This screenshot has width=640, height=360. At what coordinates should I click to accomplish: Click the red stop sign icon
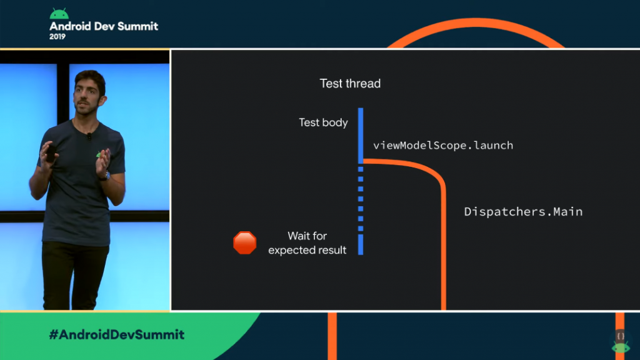pyautogui.click(x=245, y=243)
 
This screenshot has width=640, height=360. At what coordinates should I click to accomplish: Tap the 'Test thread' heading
pyautogui.click(x=350, y=84)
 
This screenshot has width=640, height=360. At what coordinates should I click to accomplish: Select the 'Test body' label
pyautogui.click(x=323, y=122)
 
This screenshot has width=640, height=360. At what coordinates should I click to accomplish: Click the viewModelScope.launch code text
pyautogui.click(x=443, y=145)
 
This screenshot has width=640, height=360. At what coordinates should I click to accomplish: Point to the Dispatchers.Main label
pyautogui.click(x=523, y=211)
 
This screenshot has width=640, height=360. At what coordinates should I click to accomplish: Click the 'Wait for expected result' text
pyautogui.click(x=307, y=243)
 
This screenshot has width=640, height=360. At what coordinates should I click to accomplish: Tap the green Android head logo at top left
pyautogui.click(x=59, y=14)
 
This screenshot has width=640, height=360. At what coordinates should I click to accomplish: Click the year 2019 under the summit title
pyautogui.click(x=57, y=37)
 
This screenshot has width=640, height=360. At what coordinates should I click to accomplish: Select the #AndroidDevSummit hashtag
pyautogui.click(x=117, y=335)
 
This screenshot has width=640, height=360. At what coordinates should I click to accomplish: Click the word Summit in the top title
pyautogui.click(x=137, y=26)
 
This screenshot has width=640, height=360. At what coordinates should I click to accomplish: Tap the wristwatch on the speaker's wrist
pyautogui.click(x=106, y=176)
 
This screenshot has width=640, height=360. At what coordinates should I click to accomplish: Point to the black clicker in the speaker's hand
pyautogui.click(x=51, y=153)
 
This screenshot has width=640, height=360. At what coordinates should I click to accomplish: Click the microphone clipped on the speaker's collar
pyautogui.click(x=89, y=136)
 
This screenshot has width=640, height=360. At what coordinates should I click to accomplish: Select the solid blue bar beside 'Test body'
pyautogui.click(x=361, y=136)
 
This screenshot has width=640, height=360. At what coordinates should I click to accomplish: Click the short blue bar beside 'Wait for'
pyautogui.click(x=361, y=244)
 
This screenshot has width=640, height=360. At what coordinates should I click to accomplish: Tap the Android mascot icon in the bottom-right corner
pyautogui.click(x=621, y=342)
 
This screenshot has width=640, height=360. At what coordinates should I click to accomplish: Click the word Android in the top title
pyautogui.click(x=70, y=26)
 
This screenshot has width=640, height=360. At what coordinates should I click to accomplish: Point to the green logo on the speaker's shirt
pyautogui.click(x=99, y=154)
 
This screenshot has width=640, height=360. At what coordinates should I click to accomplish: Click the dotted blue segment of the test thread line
pyautogui.click(x=361, y=199)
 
